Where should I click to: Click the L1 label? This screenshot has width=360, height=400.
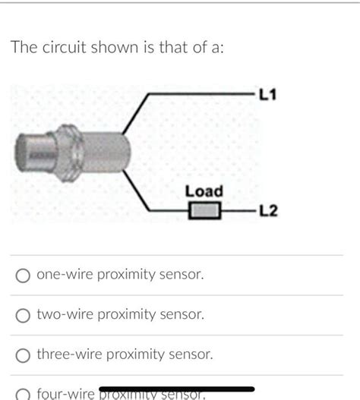click(x=269, y=95)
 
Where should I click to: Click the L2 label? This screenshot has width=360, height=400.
click(x=269, y=210)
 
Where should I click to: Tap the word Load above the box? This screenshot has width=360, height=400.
click(x=204, y=191)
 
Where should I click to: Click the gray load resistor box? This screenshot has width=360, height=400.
click(x=204, y=210)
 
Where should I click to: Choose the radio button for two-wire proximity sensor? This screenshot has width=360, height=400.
click(x=24, y=315)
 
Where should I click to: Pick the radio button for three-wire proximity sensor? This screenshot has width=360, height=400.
click(x=24, y=355)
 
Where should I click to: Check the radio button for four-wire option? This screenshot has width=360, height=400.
click(x=24, y=393)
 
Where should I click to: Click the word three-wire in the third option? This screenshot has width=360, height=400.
click(x=71, y=354)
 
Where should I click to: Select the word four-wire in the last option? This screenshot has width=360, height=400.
click(x=67, y=394)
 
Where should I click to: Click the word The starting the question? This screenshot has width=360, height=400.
click(x=23, y=48)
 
